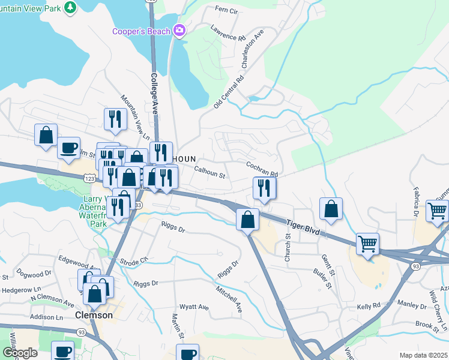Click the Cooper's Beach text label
[x=141, y=31]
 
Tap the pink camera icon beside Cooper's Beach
[x=179, y=30]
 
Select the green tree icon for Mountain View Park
[x=71, y=7]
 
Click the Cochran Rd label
[x=262, y=168]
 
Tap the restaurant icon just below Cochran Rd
[x=264, y=189]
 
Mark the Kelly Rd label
[x=369, y=305]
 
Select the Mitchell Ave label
[x=230, y=299]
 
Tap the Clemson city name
[x=94, y=315]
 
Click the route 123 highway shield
[x=89, y=178]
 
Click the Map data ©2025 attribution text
[x=422, y=355]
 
